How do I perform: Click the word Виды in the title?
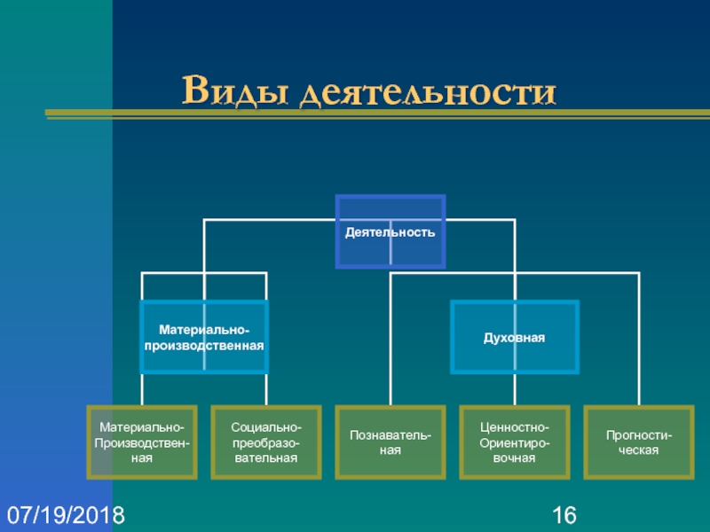coord(234,90)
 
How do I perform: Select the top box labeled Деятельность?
coord(390,231)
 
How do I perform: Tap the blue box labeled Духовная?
coord(515,337)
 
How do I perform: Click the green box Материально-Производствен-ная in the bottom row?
coord(142,442)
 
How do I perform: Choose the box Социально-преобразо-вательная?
coord(266,442)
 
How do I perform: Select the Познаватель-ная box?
coord(390,442)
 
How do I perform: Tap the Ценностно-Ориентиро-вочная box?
coord(515,442)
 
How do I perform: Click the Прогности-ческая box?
coord(639,442)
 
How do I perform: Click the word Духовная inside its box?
coord(515,338)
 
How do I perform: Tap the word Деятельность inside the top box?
coord(390,232)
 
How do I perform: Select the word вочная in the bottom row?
coord(515,458)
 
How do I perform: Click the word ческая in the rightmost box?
coord(639,450)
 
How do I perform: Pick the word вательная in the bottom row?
coord(266,458)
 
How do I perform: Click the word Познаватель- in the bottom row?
coord(390,435)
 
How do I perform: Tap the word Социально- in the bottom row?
coord(266,427)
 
